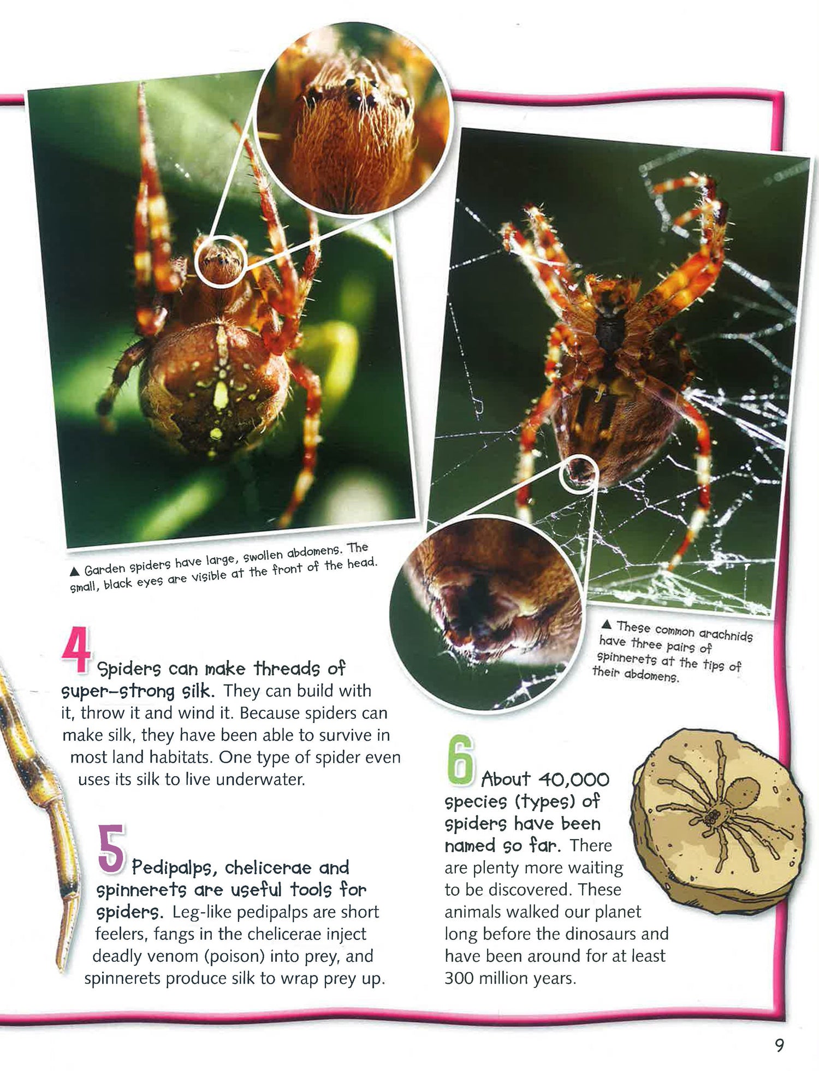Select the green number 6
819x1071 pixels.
click(460, 760)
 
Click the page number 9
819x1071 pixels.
click(779, 1045)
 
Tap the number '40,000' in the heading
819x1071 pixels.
click(573, 779)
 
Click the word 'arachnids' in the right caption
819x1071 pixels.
click(726, 634)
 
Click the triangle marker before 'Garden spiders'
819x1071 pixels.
click(75, 572)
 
